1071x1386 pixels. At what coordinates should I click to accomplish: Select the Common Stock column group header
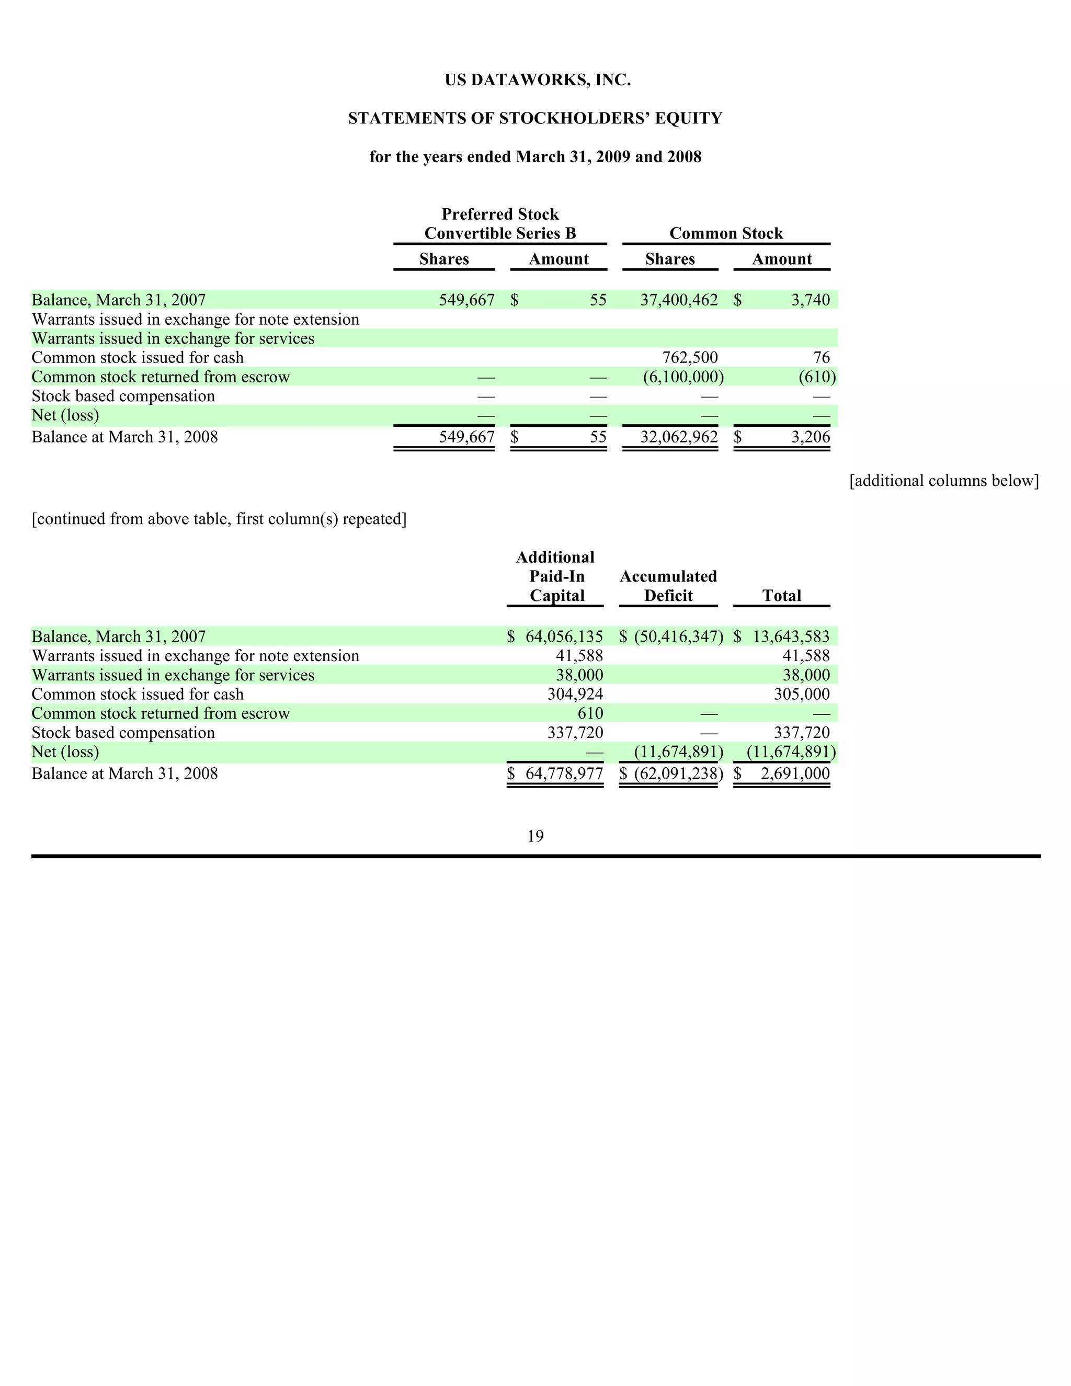point(726,234)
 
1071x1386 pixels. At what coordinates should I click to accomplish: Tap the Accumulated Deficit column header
point(668,586)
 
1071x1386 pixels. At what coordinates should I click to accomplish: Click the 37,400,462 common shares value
point(679,300)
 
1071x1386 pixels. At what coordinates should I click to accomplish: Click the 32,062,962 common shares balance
point(679,437)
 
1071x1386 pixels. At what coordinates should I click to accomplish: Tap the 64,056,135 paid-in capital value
point(564,637)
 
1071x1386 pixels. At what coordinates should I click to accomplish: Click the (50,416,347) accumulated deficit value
point(678,637)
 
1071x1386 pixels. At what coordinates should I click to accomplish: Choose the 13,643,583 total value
point(791,637)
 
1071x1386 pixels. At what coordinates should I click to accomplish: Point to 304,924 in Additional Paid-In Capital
point(575,694)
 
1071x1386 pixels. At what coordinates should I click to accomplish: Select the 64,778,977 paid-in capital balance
point(564,774)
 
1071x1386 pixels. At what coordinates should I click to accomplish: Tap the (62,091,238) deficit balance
point(678,774)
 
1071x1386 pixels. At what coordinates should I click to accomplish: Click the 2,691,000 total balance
point(795,774)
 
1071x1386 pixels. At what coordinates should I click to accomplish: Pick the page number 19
point(535,836)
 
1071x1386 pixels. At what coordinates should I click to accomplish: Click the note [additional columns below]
point(943,481)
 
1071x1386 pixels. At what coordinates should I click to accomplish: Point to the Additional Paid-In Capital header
point(556,576)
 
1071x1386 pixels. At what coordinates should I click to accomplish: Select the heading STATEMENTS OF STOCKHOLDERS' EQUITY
point(535,119)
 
